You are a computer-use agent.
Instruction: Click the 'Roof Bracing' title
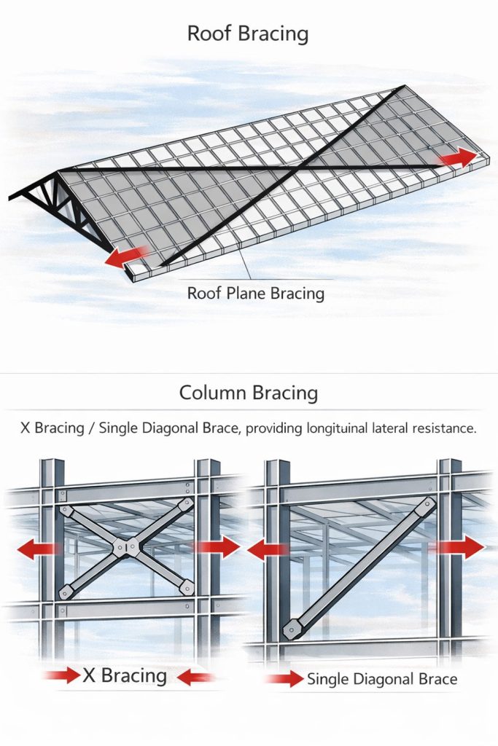[x=248, y=34]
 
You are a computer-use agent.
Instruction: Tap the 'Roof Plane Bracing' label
[x=256, y=293]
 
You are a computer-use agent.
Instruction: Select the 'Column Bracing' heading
[x=249, y=393]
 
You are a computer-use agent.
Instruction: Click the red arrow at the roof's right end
[x=458, y=158]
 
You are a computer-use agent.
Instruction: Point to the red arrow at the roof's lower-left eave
[x=127, y=257]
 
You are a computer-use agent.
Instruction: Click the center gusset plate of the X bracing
[x=126, y=548]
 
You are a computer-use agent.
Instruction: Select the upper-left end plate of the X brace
[x=65, y=511]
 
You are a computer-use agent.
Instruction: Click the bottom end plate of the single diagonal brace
[x=289, y=630]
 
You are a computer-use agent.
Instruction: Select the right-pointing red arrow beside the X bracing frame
[x=217, y=547]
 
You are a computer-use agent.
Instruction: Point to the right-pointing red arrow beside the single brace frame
[x=458, y=547]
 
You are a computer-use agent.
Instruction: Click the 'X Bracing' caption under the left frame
[x=125, y=675]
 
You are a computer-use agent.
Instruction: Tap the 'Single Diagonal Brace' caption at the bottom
[x=382, y=679]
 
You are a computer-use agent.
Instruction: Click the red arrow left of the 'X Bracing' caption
[x=62, y=675]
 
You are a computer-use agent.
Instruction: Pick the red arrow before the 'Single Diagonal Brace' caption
[x=284, y=678]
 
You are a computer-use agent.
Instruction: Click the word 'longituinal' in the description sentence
[x=337, y=428]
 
